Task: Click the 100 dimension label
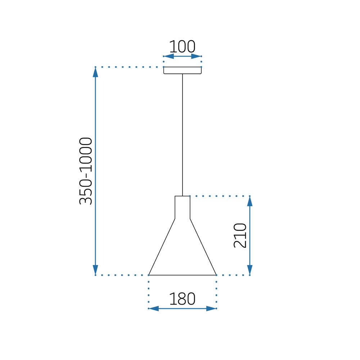tap(182, 47)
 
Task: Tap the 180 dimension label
tap(182, 299)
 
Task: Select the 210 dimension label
tap(240, 235)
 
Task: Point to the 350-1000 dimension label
tap(86, 171)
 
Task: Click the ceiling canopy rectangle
tap(183, 70)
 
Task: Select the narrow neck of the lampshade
tap(183, 207)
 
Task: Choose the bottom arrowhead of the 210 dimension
tap(250, 270)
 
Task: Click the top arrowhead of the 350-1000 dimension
tap(95, 72)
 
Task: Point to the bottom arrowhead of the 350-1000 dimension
tap(95, 270)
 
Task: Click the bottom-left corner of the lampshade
tap(149, 275)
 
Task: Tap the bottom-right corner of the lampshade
tap(216, 275)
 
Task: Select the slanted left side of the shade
tap(162, 247)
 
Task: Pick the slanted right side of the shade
tap(203, 247)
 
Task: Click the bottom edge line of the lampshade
tap(183, 275)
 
